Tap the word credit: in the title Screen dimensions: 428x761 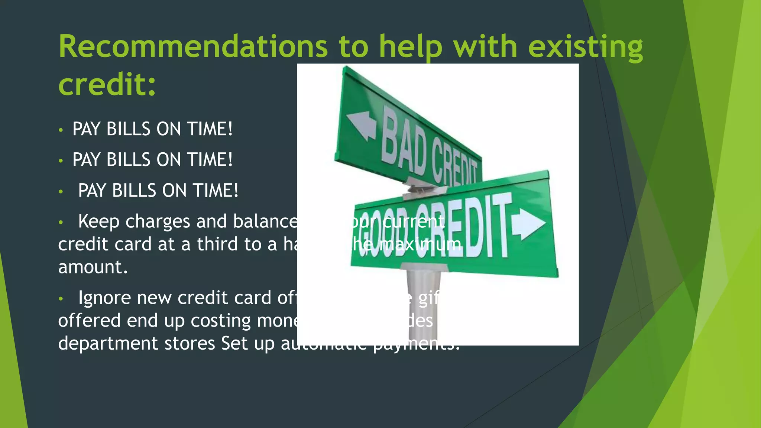click(107, 85)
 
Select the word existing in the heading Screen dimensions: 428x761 click(585, 48)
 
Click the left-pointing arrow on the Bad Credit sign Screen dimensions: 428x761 click(361, 126)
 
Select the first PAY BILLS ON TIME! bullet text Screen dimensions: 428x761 click(152, 129)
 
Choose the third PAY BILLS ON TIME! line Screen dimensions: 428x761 click(158, 191)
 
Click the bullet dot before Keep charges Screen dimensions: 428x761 click(61, 223)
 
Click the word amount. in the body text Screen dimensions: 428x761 click(93, 267)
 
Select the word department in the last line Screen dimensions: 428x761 click(108, 344)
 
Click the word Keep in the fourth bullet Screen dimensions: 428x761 click(98, 222)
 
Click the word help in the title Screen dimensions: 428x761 click(411, 48)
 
